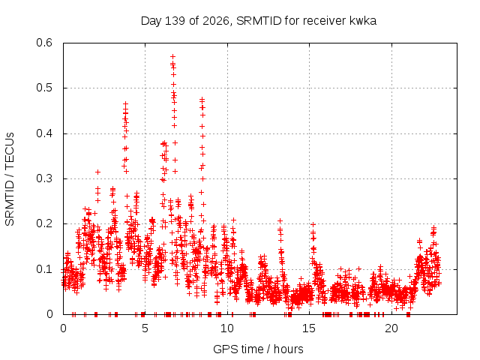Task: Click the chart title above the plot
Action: [x=258, y=21]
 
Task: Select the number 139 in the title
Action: [x=175, y=21]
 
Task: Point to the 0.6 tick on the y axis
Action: [x=44, y=43]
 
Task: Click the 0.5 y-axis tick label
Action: [x=44, y=88]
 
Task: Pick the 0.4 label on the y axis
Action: [x=44, y=133]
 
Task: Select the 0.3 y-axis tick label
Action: [x=44, y=178]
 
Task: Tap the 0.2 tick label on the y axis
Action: [x=44, y=223]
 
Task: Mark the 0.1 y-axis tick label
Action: [x=44, y=269]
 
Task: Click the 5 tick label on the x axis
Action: [x=145, y=328]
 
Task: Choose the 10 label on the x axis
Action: [x=226, y=328]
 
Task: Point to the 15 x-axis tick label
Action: [x=309, y=328]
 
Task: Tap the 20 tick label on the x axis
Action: [x=391, y=328]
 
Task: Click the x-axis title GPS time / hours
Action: [x=258, y=349]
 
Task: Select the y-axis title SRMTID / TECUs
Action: [x=10, y=179]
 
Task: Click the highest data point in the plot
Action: [x=173, y=57]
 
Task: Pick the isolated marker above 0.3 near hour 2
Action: [x=98, y=172]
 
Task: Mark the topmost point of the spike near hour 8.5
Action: [x=202, y=100]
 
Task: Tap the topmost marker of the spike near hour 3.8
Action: [x=125, y=104]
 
